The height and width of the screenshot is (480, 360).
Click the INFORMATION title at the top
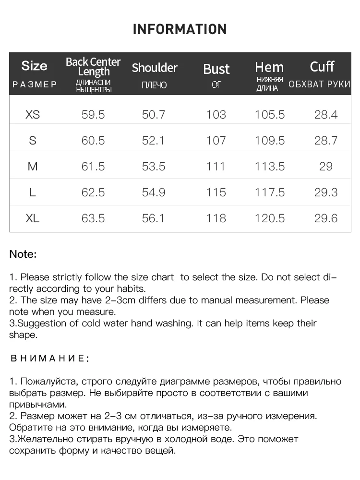(x=180, y=29)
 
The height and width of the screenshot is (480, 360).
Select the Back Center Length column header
(x=93, y=67)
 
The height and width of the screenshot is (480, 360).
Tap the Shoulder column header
(x=155, y=68)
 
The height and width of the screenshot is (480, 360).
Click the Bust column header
(x=216, y=69)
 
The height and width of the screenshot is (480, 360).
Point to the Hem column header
(x=269, y=67)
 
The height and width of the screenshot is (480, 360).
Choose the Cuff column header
(x=322, y=67)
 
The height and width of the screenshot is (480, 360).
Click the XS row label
(x=33, y=115)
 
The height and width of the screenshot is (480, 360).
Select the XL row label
(x=33, y=218)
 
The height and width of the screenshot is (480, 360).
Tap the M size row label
(x=33, y=167)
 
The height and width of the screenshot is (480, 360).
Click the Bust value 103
(x=216, y=115)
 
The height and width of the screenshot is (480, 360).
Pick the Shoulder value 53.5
(x=154, y=167)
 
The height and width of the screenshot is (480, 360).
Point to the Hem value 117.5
(x=270, y=192)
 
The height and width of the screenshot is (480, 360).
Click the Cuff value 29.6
(x=326, y=218)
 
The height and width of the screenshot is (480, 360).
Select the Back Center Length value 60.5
(x=93, y=141)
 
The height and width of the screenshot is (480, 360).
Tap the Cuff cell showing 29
(x=326, y=167)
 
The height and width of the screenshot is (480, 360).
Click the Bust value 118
(x=216, y=218)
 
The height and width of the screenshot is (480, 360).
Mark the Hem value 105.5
(x=270, y=115)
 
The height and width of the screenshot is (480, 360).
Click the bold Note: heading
(x=23, y=254)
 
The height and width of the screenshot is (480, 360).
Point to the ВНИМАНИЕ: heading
(x=49, y=358)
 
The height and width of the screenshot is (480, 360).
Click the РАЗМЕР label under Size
(x=35, y=84)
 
